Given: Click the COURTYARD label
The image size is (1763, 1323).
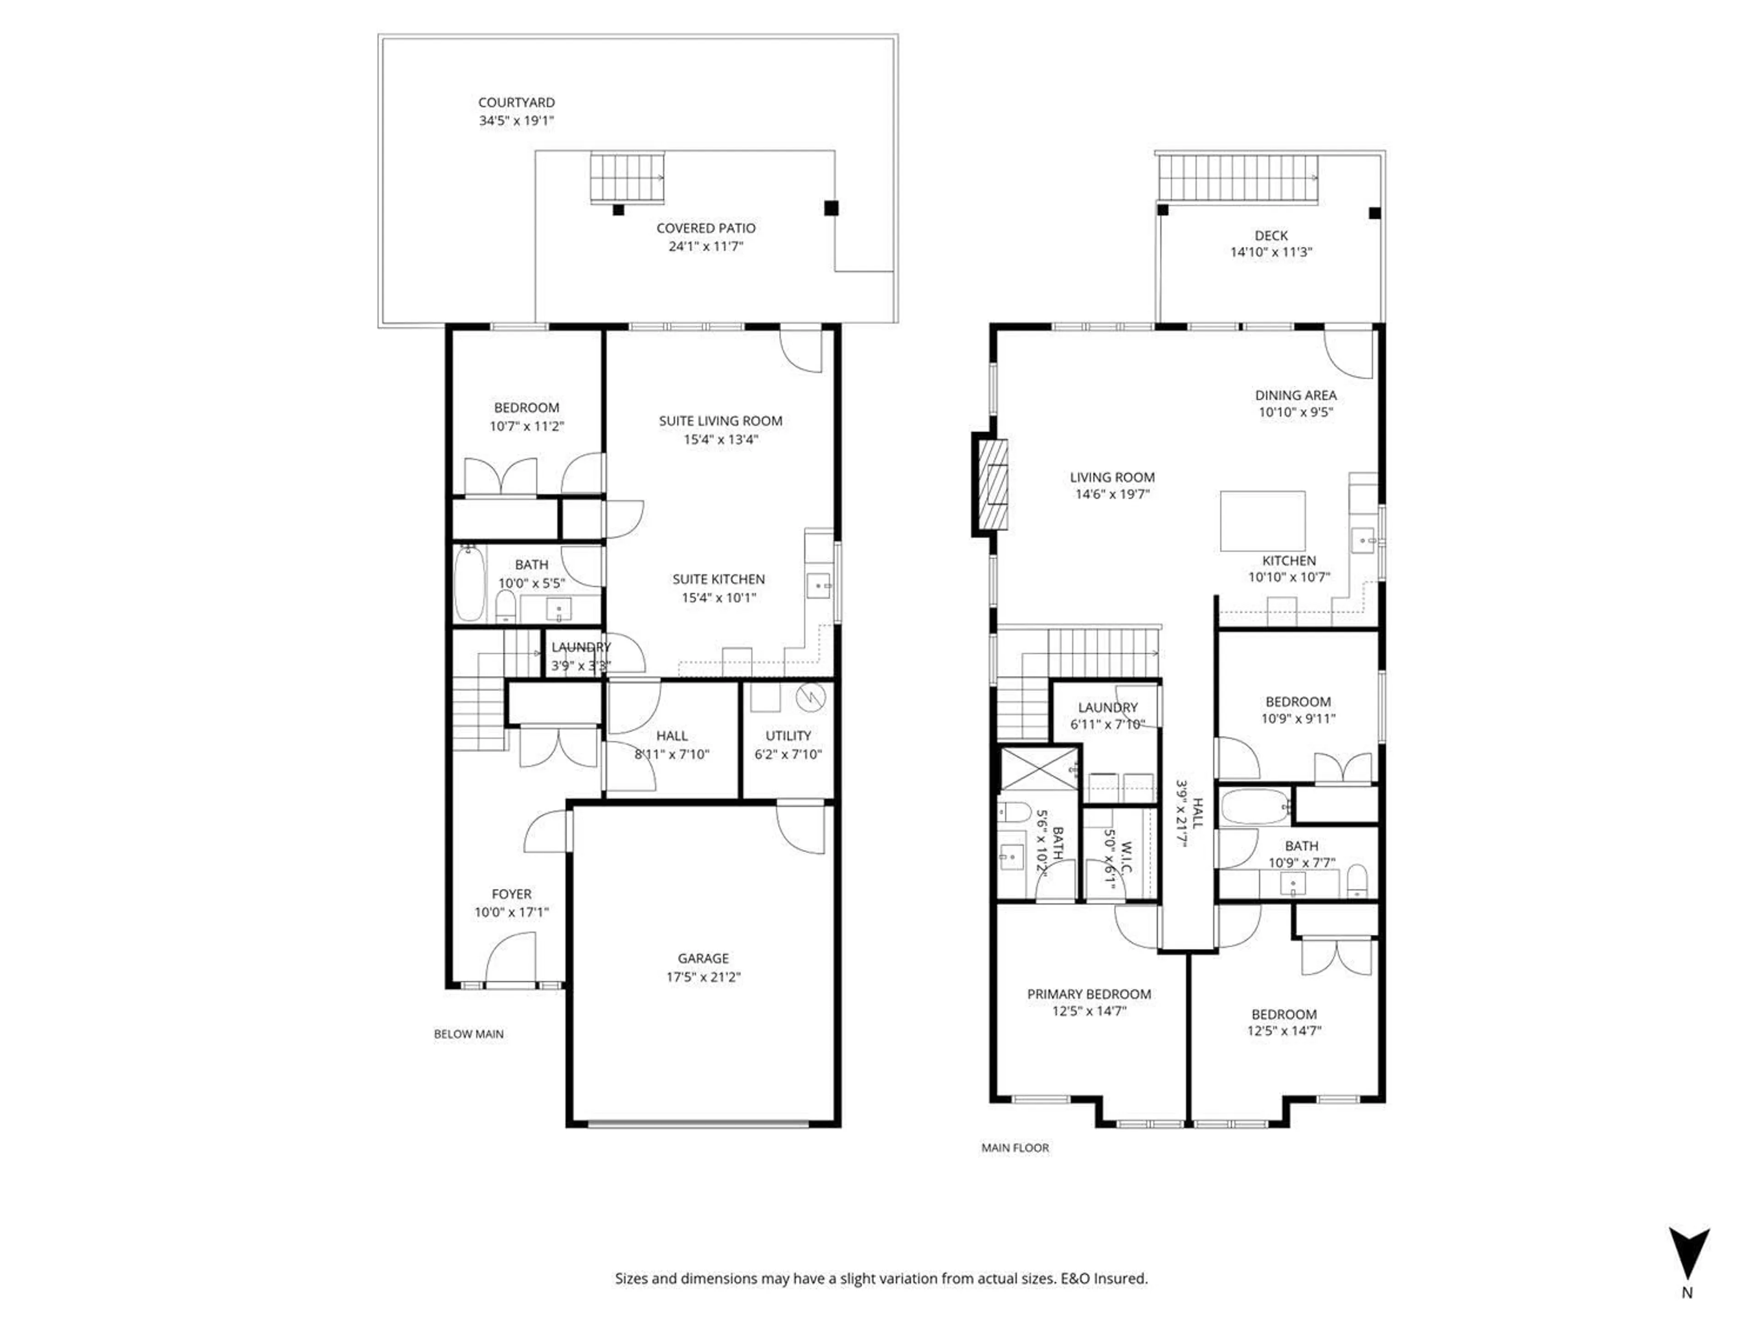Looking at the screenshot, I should (x=517, y=102).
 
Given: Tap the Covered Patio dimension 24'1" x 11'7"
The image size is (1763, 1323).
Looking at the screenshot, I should (x=705, y=246).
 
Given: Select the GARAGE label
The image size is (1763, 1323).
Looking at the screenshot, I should (x=703, y=958).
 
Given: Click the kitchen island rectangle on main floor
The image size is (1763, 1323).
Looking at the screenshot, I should (x=1263, y=521).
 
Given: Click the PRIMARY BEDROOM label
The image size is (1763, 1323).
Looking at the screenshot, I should (x=1089, y=994).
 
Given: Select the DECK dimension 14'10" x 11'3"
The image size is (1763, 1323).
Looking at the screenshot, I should (x=1270, y=252).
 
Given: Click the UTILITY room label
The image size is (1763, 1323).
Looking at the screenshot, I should (x=787, y=735).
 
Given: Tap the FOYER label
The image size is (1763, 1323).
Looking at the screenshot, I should (x=511, y=894).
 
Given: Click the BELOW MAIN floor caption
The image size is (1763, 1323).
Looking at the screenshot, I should (x=469, y=1034).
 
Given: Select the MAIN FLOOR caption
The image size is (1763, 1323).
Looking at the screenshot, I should (x=1015, y=1148).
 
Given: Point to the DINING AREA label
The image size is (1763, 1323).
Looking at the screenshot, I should (x=1295, y=395).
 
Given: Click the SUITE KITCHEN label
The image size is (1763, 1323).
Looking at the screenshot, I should (x=718, y=579).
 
